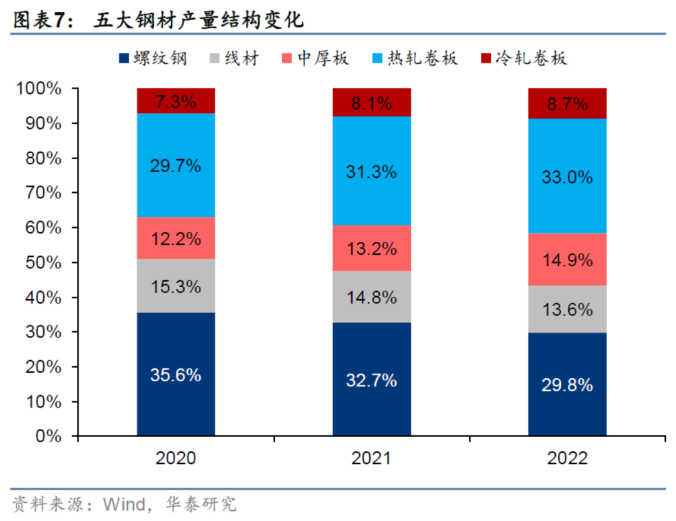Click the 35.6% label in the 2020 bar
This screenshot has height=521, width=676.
[176, 375]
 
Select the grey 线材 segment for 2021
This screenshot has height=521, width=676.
[372, 297]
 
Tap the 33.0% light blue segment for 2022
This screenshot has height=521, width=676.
[567, 177]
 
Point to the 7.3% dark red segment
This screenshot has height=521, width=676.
[176, 101]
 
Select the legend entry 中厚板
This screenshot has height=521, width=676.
[315, 59]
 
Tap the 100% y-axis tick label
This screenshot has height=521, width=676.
[41, 89]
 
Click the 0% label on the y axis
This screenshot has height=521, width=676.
[53, 436]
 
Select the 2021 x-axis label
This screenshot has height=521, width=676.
[372, 459]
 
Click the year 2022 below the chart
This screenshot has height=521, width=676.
[567, 459]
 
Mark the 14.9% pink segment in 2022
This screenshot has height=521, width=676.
[567, 260]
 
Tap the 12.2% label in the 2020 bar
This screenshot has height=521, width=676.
[176, 239]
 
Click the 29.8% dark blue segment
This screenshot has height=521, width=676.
[567, 384]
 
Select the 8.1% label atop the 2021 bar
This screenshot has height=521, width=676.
[372, 103]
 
